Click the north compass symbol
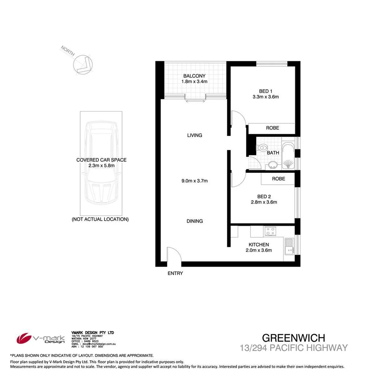pos(82,64)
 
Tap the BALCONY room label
pos(194,76)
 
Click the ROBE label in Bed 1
pos(272,128)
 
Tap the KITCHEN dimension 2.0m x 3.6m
pos(259,250)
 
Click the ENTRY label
pos(175,273)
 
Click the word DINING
pos(195,221)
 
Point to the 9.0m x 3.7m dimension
pos(194,181)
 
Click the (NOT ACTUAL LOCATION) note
pos(100,219)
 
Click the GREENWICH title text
pos(294,338)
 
